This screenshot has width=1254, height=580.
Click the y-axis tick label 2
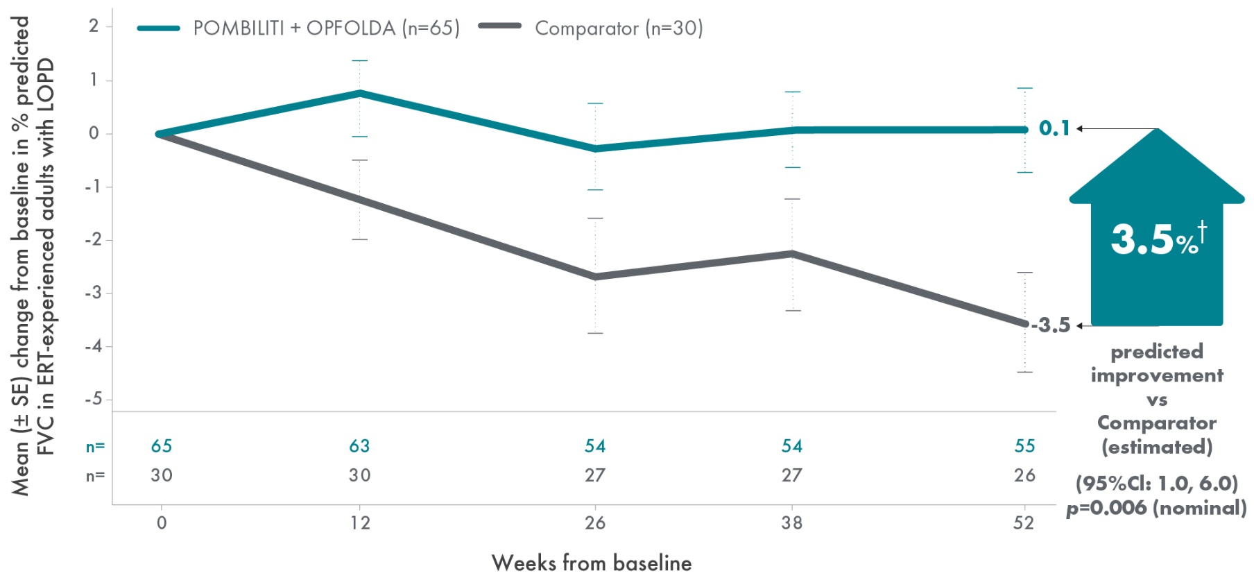point(94,26)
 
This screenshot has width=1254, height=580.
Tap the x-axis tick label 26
point(595,523)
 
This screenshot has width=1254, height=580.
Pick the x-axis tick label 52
point(1024,523)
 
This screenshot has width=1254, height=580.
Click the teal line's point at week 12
point(359,92)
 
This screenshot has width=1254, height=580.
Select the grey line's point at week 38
point(792,254)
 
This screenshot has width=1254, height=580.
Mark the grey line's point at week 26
point(595,277)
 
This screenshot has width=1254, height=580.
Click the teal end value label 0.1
point(1054,128)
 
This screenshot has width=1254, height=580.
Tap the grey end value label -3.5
point(1051,325)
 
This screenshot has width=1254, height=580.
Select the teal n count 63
point(359,446)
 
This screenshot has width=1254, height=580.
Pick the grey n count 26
point(1024,476)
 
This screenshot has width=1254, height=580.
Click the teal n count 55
point(1024,446)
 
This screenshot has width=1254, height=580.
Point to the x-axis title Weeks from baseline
point(592,563)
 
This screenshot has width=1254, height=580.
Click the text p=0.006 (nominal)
point(1156,508)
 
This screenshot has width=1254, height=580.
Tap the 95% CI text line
point(1156,484)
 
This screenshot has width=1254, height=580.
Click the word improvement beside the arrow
point(1156,375)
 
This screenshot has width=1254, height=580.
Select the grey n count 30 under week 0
point(162,476)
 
